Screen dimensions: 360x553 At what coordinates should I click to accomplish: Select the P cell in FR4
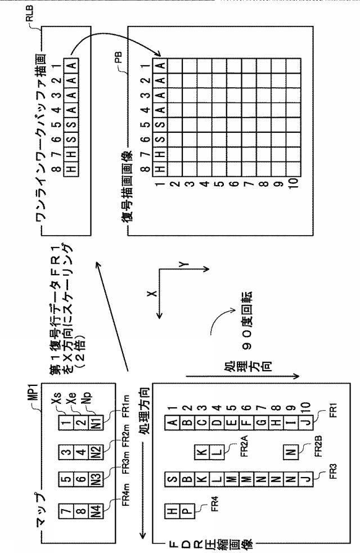pos(187,511)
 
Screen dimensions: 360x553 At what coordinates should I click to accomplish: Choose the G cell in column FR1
pos(261,422)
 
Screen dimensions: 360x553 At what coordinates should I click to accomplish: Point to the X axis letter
pos(152,294)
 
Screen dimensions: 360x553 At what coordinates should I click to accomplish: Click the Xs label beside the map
pos(56,399)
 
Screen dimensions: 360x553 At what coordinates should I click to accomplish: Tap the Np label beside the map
pos(87,399)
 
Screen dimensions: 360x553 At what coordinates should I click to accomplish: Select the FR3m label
pos(126,463)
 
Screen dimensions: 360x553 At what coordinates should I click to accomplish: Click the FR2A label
pos(244,446)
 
